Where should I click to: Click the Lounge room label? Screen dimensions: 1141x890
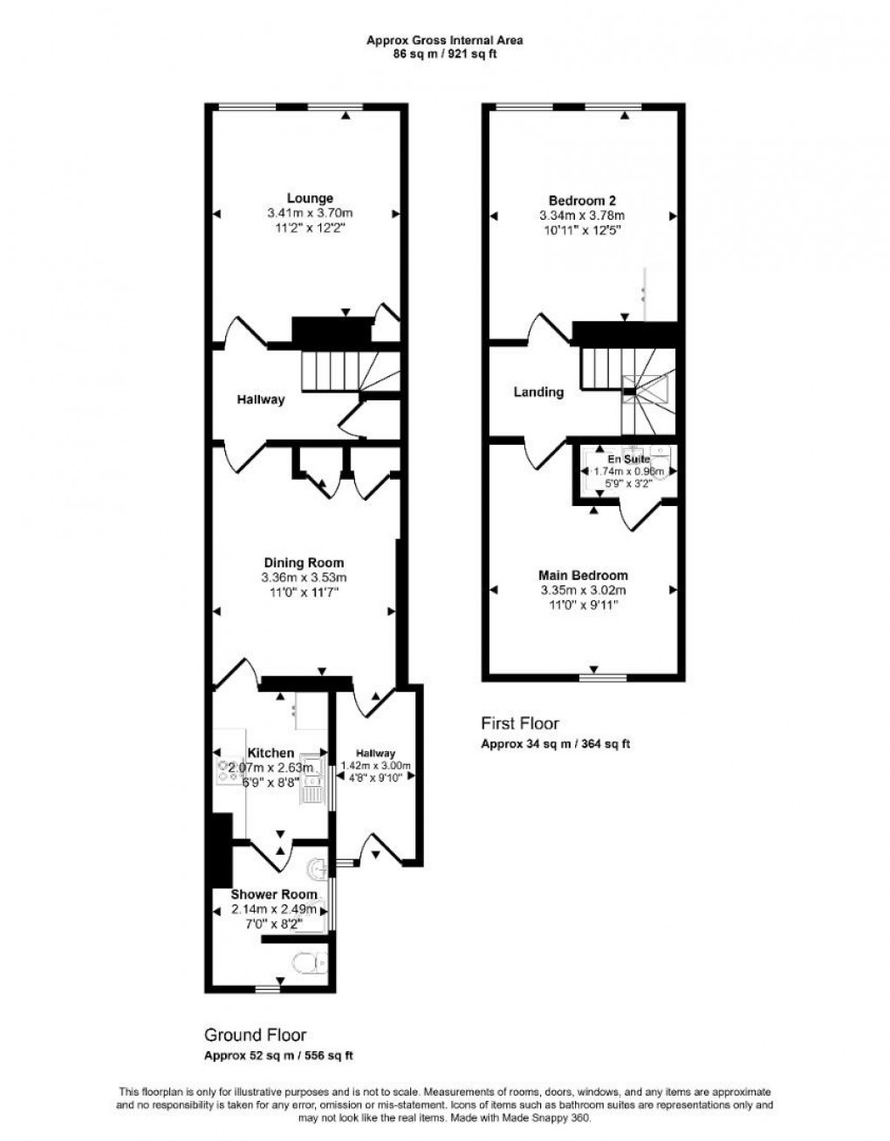(x=310, y=199)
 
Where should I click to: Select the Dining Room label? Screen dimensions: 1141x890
(x=304, y=563)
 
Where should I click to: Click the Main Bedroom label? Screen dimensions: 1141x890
(x=583, y=576)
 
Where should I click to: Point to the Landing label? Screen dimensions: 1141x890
(x=538, y=393)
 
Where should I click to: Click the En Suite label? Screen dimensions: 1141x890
(x=624, y=457)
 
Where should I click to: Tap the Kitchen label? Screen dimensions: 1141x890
(x=270, y=753)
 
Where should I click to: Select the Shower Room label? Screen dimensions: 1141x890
(x=273, y=894)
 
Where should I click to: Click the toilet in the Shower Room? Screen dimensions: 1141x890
(x=306, y=963)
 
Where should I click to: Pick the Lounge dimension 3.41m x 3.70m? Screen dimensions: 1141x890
(x=310, y=214)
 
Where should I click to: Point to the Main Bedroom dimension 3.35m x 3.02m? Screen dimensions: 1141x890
(x=583, y=591)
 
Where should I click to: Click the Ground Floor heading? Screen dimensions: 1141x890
(x=255, y=1035)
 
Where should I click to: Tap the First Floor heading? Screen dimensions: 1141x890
(x=520, y=723)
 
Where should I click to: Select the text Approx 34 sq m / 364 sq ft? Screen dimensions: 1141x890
(x=555, y=744)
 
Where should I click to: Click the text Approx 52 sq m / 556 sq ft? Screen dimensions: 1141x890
(x=278, y=1056)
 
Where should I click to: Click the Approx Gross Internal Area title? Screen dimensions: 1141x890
(x=444, y=39)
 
